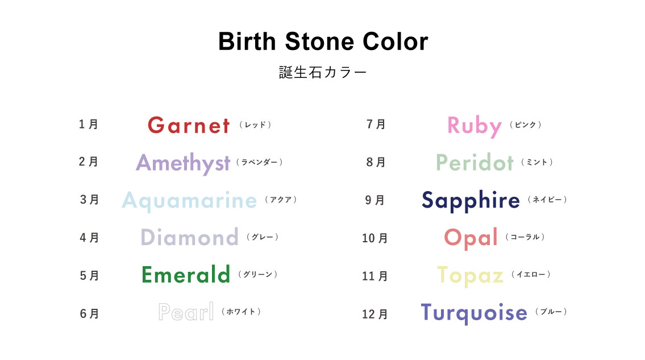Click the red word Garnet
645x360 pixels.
pyautogui.click(x=189, y=125)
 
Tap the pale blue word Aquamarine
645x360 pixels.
pyautogui.click(x=189, y=201)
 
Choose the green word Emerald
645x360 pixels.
pyautogui.click(x=185, y=274)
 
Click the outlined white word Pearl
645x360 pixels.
pyautogui.click(x=186, y=312)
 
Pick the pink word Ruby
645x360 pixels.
pyautogui.click(x=475, y=126)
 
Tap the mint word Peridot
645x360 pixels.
pyautogui.click(x=475, y=162)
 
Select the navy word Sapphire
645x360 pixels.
pyautogui.click(x=471, y=201)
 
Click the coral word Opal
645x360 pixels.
pyautogui.click(x=471, y=238)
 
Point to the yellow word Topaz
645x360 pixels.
pyautogui.click(x=470, y=276)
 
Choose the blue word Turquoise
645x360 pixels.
pyautogui.click(x=474, y=313)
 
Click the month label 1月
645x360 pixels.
pyautogui.click(x=89, y=124)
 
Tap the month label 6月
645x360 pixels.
pyautogui.click(x=89, y=313)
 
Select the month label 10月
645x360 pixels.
pyautogui.click(x=374, y=238)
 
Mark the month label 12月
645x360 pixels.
pyautogui.click(x=374, y=314)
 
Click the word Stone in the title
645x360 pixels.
pyautogui.click(x=319, y=42)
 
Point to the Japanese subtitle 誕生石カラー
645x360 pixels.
pyautogui.click(x=323, y=72)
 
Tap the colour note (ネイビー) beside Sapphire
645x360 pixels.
pyautogui.click(x=547, y=200)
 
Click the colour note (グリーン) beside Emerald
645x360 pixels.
pyautogui.click(x=257, y=274)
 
